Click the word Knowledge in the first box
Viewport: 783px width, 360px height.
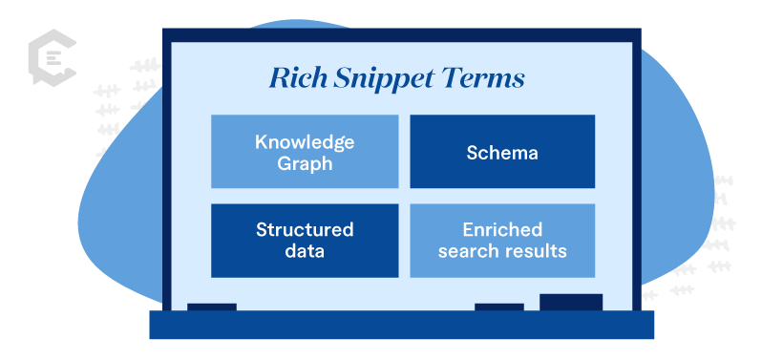(305, 143)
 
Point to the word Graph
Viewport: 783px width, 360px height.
(305, 164)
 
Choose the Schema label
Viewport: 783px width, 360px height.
(502, 153)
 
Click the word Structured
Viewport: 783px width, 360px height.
(305, 230)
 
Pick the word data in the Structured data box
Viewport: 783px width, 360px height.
(305, 250)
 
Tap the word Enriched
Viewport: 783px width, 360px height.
(502, 230)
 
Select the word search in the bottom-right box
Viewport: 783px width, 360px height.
(469, 250)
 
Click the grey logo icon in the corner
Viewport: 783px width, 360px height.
(52, 57)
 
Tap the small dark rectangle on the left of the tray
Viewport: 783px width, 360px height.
(212, 307)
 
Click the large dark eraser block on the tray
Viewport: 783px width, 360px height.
(571, 302)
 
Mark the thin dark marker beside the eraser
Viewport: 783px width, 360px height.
(498, 307)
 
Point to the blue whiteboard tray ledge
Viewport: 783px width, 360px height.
(401, 325)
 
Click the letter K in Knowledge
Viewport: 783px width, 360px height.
(262, 142)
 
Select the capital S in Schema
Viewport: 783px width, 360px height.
(473, 153)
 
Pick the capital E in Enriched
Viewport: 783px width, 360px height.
(468, 230)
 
